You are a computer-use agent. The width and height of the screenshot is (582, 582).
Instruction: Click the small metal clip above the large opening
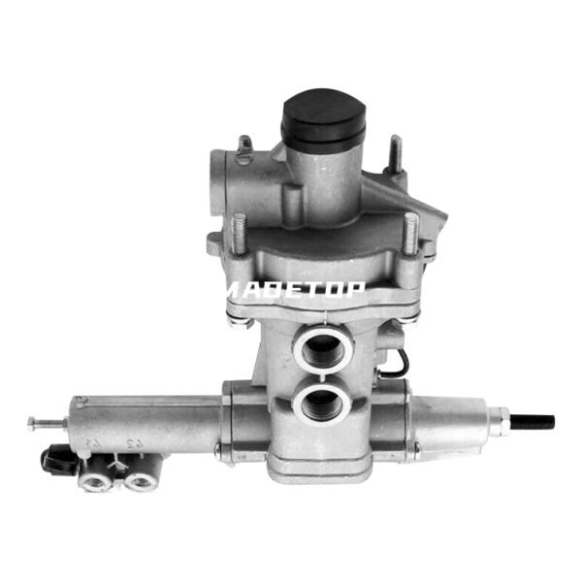pyautogui.click(x=243, y=145)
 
